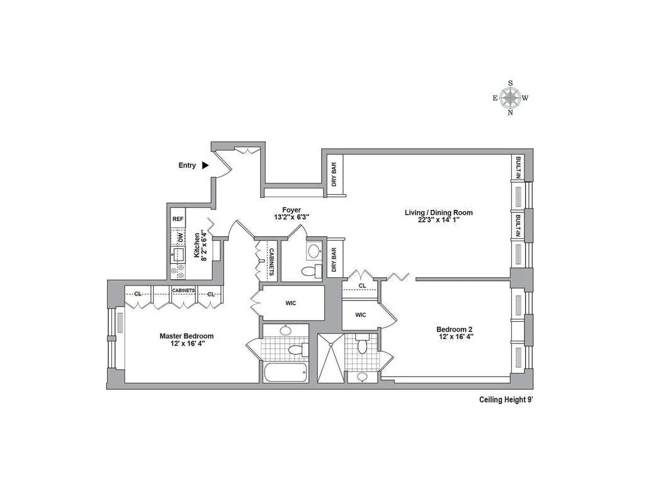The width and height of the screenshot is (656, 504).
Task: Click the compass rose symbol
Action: (x=510, y=98)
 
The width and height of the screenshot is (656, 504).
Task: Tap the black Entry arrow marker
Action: (x=205, y=165)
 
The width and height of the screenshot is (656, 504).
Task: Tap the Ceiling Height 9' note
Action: (x=506, y=399)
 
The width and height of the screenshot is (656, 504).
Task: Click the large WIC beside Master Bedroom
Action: (x=291, y=303)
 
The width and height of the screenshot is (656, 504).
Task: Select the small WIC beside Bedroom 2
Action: (x=360, y=315)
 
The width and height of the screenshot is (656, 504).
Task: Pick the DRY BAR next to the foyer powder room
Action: (x=333, y=258)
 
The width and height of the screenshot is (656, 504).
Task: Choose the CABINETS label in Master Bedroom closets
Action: (x=183, y=290)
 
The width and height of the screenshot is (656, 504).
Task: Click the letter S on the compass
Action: (x=510, y=83)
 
